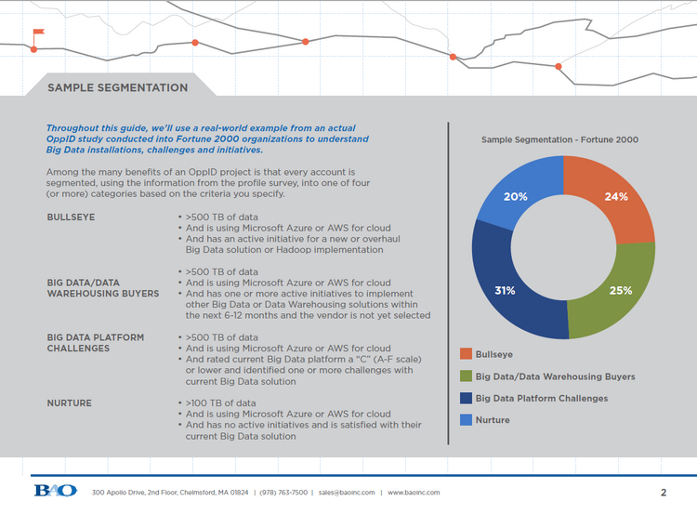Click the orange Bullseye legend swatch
click(x=466, y=354)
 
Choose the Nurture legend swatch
click(x=466, y=420)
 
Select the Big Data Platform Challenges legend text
click(x=542, y=398)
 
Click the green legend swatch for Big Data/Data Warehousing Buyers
click(x=466, y=376)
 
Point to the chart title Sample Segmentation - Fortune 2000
click(x=559, y=139)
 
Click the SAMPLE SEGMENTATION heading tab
click(x=118, y=87)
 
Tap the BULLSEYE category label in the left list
click(x=72, y=217)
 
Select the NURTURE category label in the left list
click(x=70, y=402)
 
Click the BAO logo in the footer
click(x=56, y=491)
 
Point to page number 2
click(x=664, y=493)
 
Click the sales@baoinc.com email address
click(x=347, y=493)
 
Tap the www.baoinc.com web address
click(x=414, y=493)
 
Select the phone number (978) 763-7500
click(x=283, y=493)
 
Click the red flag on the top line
click(x=39, y=32)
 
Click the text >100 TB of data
click(x=220, y=402)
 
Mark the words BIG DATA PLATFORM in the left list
click(x=96, y=337)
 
